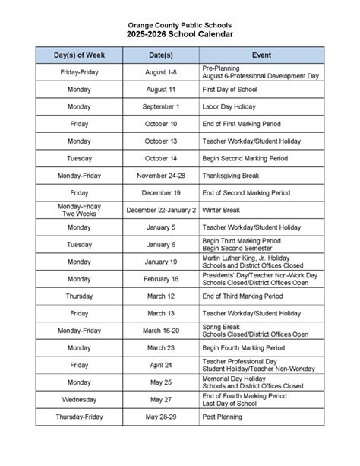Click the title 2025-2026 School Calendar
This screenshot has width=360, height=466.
180,35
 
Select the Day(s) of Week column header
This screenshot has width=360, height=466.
79,55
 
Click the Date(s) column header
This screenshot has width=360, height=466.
160,55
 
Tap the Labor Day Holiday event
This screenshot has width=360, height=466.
229,107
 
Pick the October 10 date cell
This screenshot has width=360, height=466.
160,124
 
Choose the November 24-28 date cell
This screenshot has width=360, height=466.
160,176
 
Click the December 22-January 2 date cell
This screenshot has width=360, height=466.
160,210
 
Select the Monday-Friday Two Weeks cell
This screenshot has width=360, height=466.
79,210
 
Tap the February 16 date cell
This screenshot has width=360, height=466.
160,279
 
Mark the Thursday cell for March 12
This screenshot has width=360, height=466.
79,296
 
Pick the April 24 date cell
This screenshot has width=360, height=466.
160,365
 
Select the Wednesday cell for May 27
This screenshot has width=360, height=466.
79,399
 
